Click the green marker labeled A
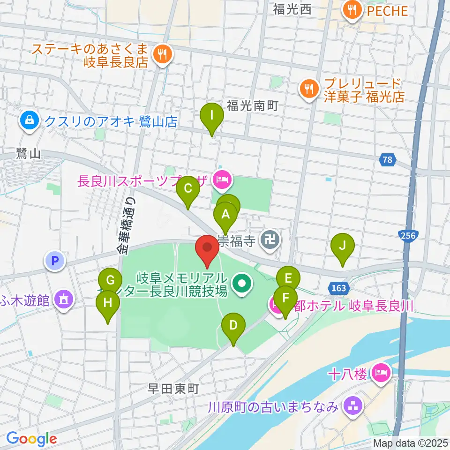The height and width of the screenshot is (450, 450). click(x=225, y=215)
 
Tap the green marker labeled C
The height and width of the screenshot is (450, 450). click(x=188, y=189)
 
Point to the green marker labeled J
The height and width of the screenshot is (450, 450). click(x=343, y=246)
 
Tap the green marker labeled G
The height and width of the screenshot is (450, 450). click(x=110, y=281)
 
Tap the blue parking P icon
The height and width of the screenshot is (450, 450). click(x=55, y=260)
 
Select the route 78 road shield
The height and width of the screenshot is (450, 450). click(x=387, y=160)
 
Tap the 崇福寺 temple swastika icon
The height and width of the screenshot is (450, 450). click(x=271, y=241)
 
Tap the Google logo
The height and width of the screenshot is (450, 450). click(x=31, y=439)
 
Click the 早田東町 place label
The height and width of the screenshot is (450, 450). click(x=174, y=389)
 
